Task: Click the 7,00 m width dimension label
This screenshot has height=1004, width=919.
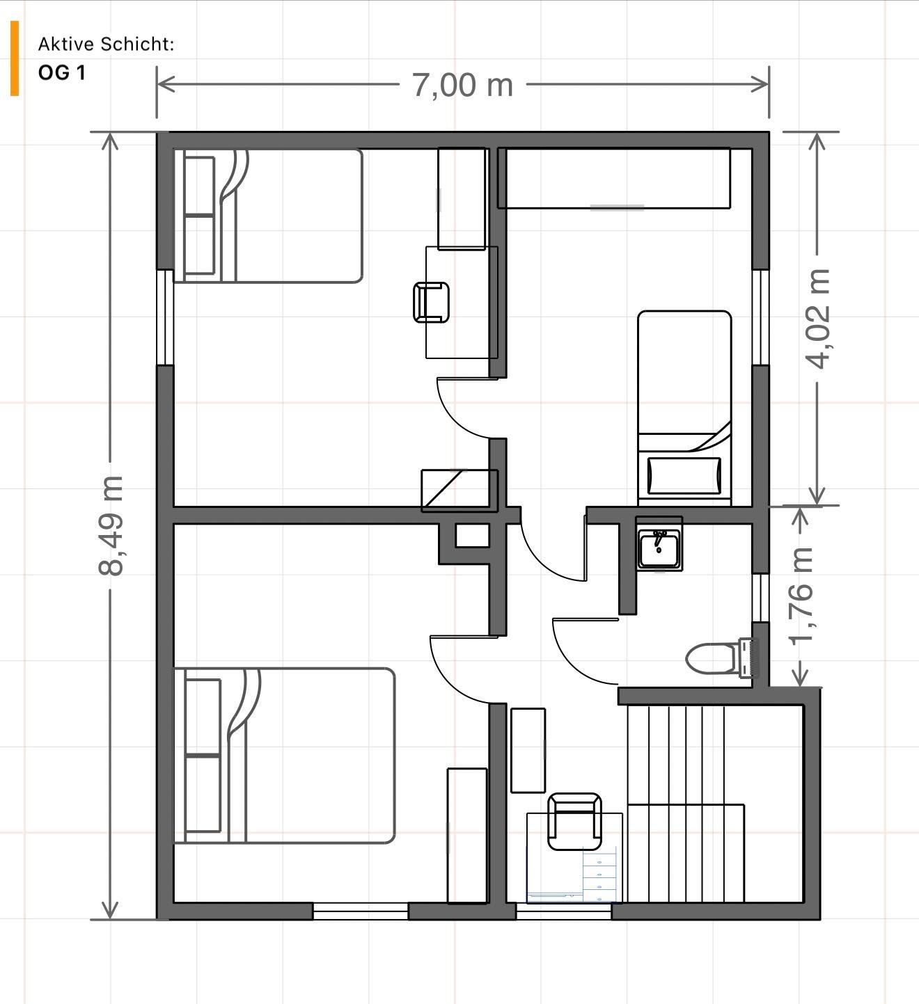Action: [462, 85]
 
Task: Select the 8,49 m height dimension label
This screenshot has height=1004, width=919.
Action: [111, 525]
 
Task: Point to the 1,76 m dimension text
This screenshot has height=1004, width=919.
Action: [801, 596]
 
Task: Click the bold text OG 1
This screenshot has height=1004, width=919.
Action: [61, 72]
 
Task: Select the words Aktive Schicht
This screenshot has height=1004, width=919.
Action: [106, 44]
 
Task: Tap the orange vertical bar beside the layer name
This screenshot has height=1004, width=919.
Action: [15, 58]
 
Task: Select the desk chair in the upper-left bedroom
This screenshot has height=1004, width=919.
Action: [431, 303]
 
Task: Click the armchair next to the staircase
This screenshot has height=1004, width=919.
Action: [574, 821]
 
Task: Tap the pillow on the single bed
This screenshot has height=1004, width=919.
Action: [684, 476]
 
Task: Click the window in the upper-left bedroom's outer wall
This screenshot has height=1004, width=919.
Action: [165, 317]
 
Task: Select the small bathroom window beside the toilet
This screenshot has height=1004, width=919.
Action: [760, 597]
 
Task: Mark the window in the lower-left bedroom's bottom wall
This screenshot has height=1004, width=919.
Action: [360, 911]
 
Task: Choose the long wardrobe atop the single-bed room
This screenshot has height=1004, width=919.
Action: [614, 178]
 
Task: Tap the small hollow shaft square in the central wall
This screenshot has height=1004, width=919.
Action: [472, 536]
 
